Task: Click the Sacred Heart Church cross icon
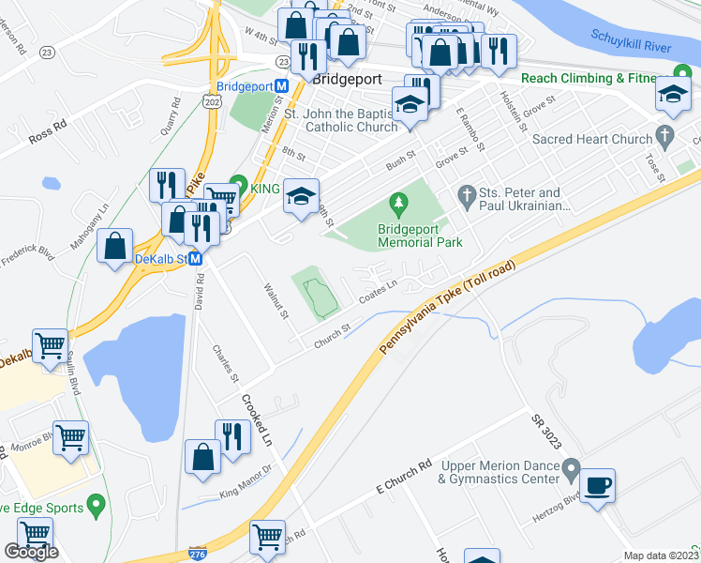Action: click(x=665, y=134)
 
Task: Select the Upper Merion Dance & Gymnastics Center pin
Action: click(x=571, y=466)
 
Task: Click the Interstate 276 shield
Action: click(x=197, y=554)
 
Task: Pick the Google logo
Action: click(x=31, y=552)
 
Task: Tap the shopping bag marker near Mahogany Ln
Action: click(x=114, y=246)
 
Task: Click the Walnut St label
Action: click(x=276, y=300)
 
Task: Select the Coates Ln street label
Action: click(x=378, y=295)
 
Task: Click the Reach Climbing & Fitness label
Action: click(x=595, y=78)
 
